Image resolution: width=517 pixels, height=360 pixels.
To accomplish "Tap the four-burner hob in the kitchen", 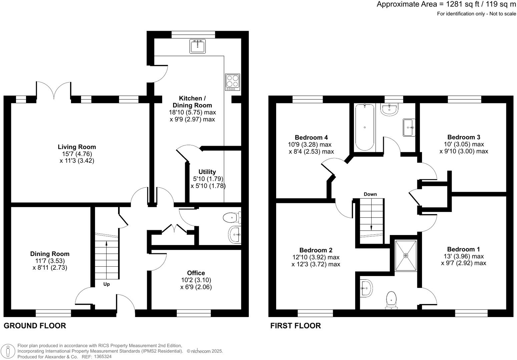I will point(232,82).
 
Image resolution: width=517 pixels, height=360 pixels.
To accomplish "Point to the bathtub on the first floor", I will point(365,127).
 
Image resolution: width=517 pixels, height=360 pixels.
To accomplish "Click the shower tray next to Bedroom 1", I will point(406,255).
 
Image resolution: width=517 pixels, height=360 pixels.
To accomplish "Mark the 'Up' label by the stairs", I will point(106,284).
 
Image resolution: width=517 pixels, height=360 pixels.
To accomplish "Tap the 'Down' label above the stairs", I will point(370,194).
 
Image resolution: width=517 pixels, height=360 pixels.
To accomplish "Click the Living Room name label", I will point(77,147).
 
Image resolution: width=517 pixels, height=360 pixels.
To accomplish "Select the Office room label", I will point(196,273).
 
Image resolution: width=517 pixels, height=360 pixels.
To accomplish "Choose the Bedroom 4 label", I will point(311,137).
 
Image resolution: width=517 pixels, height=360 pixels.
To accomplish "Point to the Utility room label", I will point(207,172).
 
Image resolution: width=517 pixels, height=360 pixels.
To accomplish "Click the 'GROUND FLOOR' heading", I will point(35,326).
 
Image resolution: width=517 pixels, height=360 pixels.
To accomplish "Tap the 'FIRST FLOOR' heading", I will point(296,326).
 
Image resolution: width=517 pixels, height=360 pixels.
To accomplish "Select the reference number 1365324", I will point(102,356).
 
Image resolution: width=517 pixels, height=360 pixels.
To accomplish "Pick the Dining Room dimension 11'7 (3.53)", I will point(50,261).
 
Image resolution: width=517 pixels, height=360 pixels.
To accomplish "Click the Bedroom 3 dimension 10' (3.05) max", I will point(464,144).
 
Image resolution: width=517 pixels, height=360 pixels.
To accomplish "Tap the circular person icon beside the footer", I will point(8,351).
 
